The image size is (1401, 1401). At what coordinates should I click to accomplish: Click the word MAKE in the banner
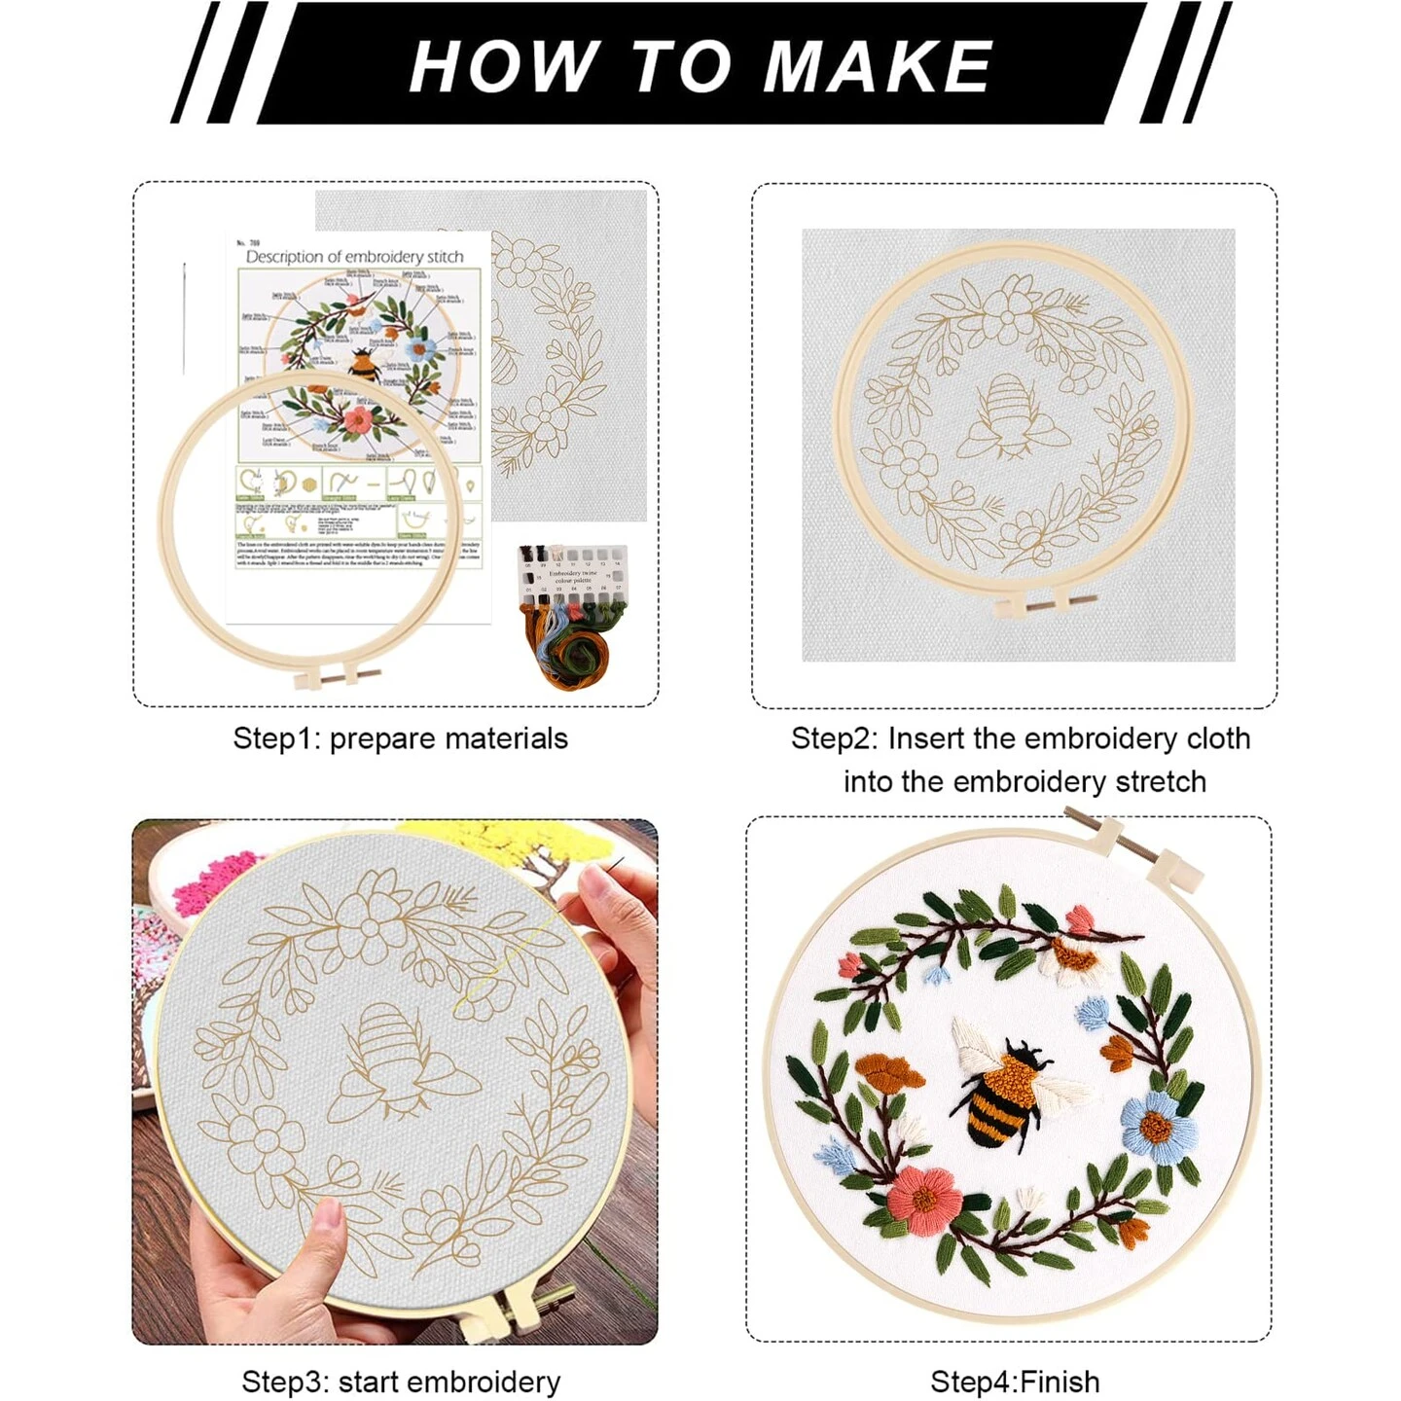tap(878, 67)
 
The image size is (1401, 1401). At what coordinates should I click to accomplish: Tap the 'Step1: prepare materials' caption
tap(400, 738)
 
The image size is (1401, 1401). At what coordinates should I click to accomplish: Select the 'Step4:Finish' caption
tap(1015, 1382)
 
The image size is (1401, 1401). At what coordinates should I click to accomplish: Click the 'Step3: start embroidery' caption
tap(401, 1382)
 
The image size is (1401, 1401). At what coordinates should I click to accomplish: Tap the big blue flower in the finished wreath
tap(1158, 1126)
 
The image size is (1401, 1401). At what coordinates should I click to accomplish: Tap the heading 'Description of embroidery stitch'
tap(354, 257)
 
